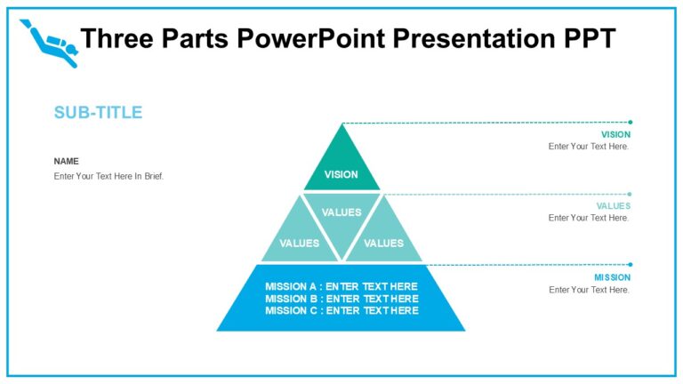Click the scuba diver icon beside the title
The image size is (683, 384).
tap(49, 42)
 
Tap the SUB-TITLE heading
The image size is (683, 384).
tap(98, 113)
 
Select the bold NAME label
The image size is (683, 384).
tap(67, 161)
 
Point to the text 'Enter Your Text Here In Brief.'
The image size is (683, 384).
tap(108, 176)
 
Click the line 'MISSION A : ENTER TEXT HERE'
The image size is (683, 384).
tap(341, 286)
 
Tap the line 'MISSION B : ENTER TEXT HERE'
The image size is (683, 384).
tap(341, 299)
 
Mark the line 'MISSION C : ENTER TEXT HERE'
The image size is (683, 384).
tap(341, 310)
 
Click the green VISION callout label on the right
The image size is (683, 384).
tap(615, 135)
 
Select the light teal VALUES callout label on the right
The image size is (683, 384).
tap(614, 206)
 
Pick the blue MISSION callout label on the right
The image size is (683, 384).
tap(612, 277)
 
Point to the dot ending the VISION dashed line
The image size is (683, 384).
tap(631, 122)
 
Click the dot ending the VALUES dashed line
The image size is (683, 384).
tap(631, 194)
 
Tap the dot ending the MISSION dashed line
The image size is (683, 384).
tap(631, 264)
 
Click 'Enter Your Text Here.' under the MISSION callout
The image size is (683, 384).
tap(589, 290)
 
